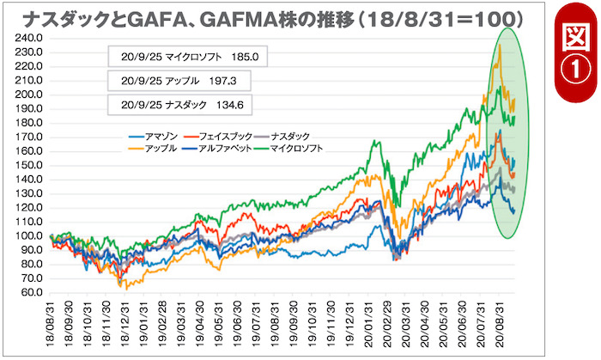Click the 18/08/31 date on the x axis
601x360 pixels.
pos(52,321)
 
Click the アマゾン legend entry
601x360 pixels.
pos(159,137)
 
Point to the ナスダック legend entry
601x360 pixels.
pos(288,137)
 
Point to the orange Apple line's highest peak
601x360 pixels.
pos(500,46)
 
